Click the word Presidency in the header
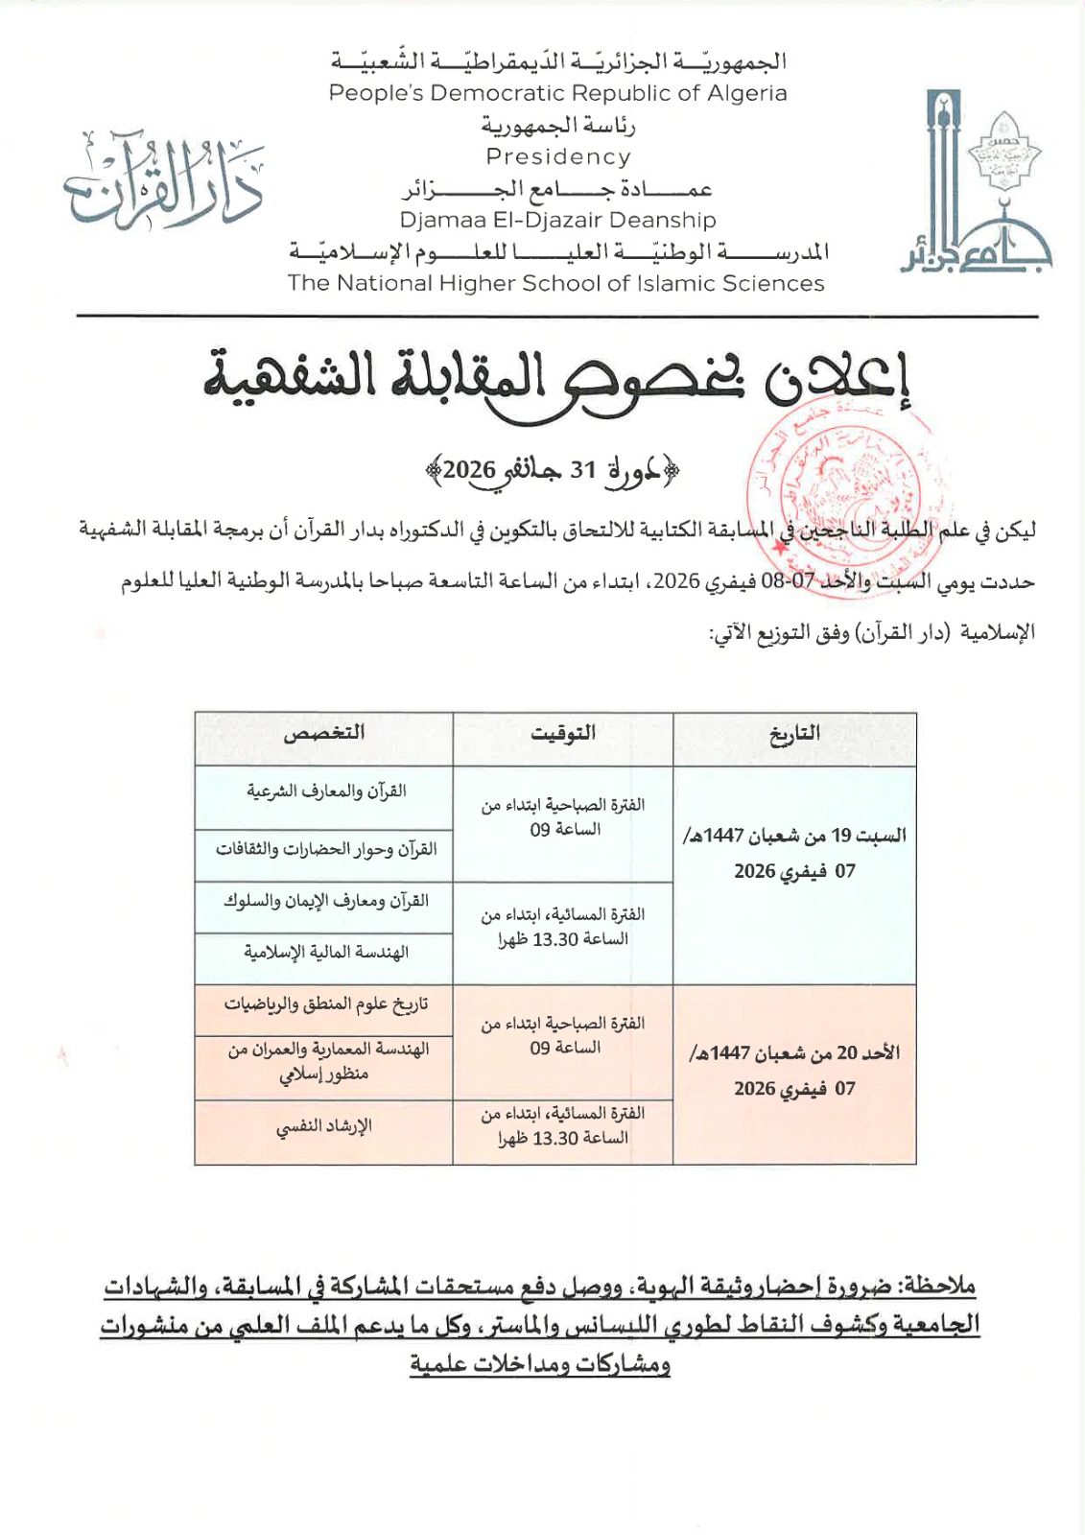coord(557,157)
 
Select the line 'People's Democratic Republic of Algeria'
coord(557,93)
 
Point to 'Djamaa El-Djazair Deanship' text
coord(557,221)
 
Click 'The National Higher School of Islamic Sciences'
coord(555,284)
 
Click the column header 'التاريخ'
coord(794,735)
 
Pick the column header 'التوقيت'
coord(563,734)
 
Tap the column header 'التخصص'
coord(324,734)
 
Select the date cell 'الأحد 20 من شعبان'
coord(794,1071)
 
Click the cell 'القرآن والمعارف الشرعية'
coord(326,792)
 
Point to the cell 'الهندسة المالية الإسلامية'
coord(326,953)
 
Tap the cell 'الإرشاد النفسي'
coord(324,1127)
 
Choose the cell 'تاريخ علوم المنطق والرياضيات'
coord(326,1004)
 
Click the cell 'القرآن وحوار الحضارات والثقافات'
coord(326,850)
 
